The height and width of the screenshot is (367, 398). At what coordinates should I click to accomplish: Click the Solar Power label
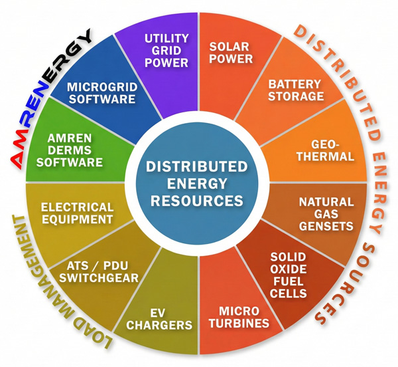[x=231, y=53]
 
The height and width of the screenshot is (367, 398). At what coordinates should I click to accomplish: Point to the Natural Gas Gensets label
[x=326, y=213]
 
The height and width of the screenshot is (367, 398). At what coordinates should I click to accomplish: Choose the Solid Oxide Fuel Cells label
[x=289, y=275]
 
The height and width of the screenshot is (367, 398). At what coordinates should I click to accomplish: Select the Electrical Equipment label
[x=77, y=212]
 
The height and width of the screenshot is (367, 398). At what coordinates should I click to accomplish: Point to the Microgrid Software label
[x=101, y=92]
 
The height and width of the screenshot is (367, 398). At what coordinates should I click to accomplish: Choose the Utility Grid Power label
[x=166, y=50]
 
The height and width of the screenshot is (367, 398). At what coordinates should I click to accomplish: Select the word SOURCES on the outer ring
[x=351, y=286]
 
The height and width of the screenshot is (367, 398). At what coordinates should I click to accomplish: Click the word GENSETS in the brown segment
[x=326, y=226]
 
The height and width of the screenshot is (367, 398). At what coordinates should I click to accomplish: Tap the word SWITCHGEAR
[x=103, y=279]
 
